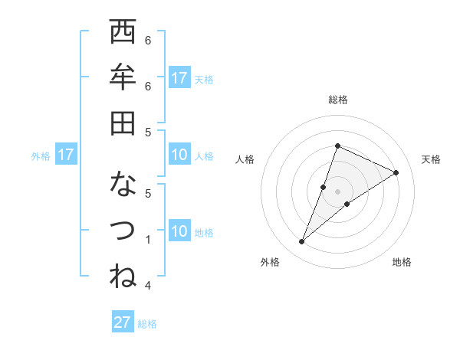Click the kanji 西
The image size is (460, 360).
pyautogui.click(x=123, y=33)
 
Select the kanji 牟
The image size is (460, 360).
pyautogui.click(x=123, y=77)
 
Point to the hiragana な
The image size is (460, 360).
pyautogui.click(x=123, y=185)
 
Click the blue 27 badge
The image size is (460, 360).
pyautogui.click(x=123, y=322)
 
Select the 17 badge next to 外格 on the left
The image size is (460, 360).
pyautogui.click(x=66, y=155)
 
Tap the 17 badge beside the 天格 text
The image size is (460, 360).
pyautogui.click(x=179, y=78)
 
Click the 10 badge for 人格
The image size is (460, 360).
pyautogui.click(x=179, y=155)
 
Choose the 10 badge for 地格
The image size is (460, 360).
pyautogui.click(x=179, y=231)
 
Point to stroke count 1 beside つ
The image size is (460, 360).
pyautogui.click(x=148, y=239)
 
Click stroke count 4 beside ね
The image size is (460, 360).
pyautogui.click(x=148, y=285)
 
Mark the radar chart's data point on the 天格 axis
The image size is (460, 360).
pyautogui.click(x=396, y=172)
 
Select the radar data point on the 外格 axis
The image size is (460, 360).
pyautogui.click(x=301, y=242)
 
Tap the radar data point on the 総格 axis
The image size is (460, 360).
pyautogui.click(x=337, y=146)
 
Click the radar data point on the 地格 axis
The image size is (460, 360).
pyautogui.click(x=347, y=204)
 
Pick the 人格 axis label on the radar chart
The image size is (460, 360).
pyautogui.click(x=245, y=159)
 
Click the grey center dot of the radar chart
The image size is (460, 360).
pyautogui.click(x=337, y=191)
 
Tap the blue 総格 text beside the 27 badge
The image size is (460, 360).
pyautogui.click(x=147, y=323)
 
